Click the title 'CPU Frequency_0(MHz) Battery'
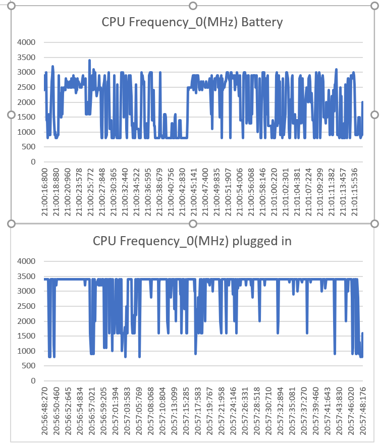(192, 22)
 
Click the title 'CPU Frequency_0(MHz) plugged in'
(192, 241)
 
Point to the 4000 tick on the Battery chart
(26, 42)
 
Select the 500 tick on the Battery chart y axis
(28, 147)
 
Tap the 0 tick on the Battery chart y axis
(33, 162)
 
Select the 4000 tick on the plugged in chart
(26, 261)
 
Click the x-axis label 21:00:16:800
(45, 192)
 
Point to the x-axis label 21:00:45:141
(194, 192)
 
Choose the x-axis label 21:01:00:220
(275, 192)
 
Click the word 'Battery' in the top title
(262, 22)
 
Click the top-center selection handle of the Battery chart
(192, 6)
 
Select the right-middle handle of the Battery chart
(374, 115)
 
